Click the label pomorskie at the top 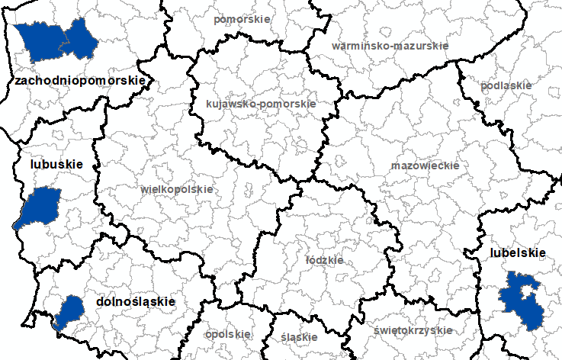tap(242, 19)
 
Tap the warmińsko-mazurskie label tap(390, 46)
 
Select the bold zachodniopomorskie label tap(79, 80)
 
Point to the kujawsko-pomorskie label tap(261, 104)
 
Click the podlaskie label tap(506, 85)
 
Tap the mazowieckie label tap(425, 166)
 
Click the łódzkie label tap(324, 260)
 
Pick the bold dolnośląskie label tap(136, 302)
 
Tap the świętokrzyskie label tap(413, 330)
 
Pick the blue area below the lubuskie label tap(40, 207)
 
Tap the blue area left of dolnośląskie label tap(70, 311)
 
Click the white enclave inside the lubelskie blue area tap(521, 292)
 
